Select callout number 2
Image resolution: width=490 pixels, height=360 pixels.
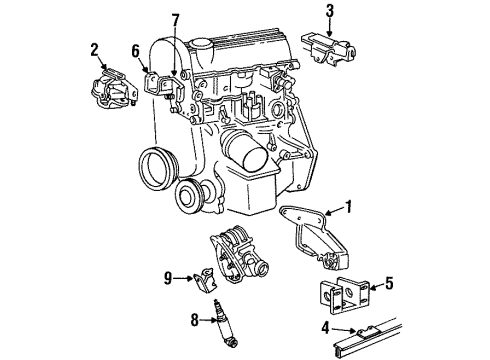click(96, 49)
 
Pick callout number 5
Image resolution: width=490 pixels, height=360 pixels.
click(391, 283)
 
